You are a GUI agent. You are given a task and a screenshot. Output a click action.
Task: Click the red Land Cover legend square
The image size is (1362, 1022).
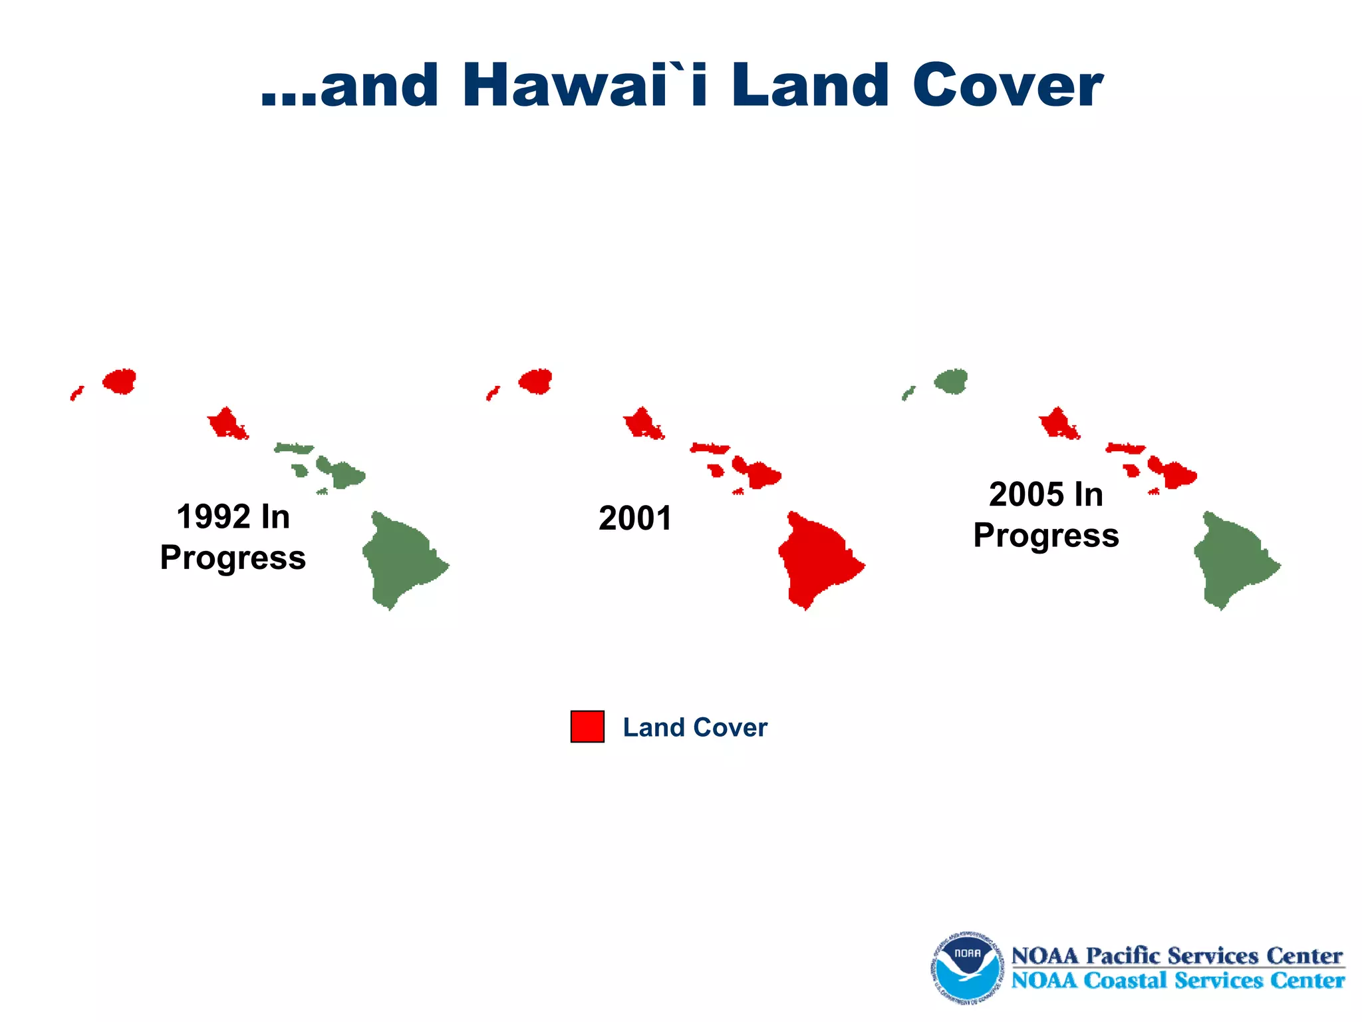pos(587,727)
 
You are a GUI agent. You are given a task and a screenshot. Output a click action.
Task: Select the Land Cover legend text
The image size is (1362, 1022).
pos(695,727)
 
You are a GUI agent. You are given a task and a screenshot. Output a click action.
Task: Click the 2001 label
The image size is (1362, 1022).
pos(635,518)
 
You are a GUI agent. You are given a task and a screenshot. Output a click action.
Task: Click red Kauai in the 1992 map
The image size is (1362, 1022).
pos(120,381)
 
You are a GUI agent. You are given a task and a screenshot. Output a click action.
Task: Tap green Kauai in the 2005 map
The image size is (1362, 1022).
pos(952,381)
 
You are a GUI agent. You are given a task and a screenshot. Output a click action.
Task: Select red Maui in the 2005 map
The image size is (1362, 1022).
pos(1176,474)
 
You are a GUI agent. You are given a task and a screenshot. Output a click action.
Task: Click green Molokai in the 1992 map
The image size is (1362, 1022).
pos(293,448)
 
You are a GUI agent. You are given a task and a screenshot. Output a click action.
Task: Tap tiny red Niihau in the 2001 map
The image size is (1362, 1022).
pos(492,393)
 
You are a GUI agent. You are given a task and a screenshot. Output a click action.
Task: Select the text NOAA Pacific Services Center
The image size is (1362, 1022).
pos(1176,955)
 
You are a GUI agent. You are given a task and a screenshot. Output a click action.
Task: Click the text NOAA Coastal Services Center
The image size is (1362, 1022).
pos(1177,980)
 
